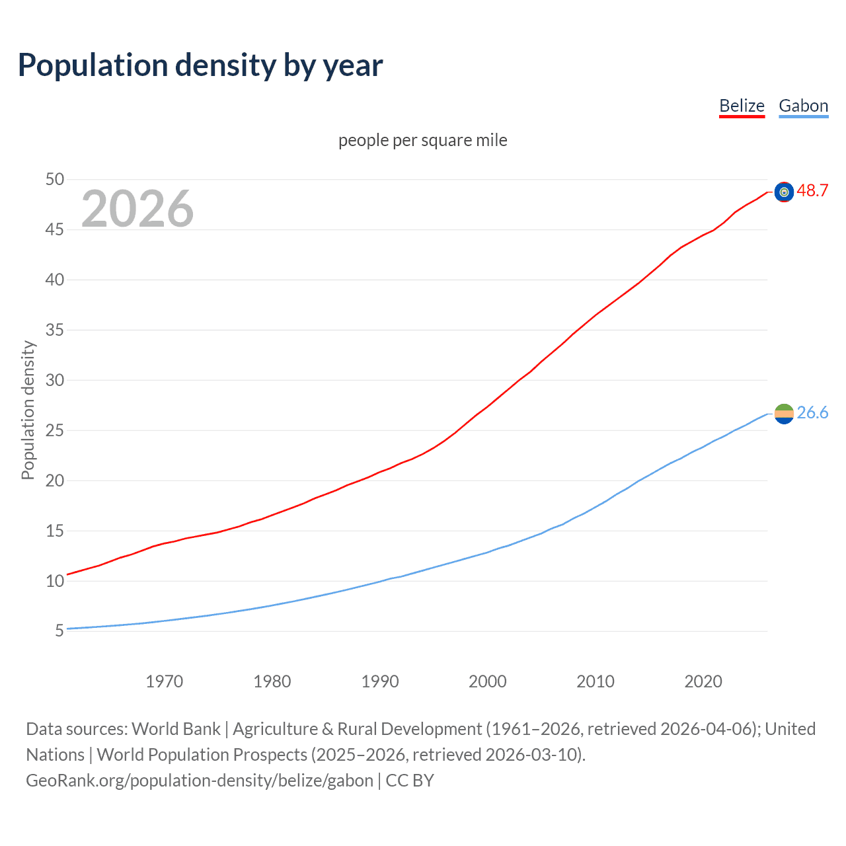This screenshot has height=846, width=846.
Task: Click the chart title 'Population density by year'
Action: tap(200, 65)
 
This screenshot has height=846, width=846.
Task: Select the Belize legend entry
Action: tap(742, 106)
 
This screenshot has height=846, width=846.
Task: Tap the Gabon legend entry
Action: tap(803, 106)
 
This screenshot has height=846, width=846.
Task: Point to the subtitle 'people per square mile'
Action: tap(423, 140)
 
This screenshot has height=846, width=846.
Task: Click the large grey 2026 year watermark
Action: tap(137, 209)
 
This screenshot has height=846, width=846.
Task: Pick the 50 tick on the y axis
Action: tap(55, 179)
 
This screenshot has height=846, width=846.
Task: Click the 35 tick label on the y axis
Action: tap(55, 330)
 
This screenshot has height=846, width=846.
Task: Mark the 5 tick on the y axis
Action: tap(59, 631)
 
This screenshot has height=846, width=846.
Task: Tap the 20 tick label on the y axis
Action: tap(55, 481)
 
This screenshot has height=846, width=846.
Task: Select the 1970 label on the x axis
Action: tap(164, 681)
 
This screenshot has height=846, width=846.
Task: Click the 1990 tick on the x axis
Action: tap(380, 681)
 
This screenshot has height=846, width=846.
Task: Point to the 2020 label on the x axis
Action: tap(703, 681)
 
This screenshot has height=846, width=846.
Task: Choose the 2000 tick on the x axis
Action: tap(488, 681)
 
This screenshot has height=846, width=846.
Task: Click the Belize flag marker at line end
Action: tap(784, 192)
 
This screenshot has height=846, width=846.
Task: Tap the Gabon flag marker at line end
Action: tap(784, 414)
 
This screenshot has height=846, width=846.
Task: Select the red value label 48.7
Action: tap(812, 190)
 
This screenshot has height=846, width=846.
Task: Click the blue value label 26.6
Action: tap(812, 412)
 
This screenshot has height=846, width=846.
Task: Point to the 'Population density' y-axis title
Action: tap(28, 410)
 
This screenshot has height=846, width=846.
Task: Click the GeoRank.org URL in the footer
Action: tap(200, 781)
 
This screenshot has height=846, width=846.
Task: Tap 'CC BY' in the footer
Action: tap(410, 781)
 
